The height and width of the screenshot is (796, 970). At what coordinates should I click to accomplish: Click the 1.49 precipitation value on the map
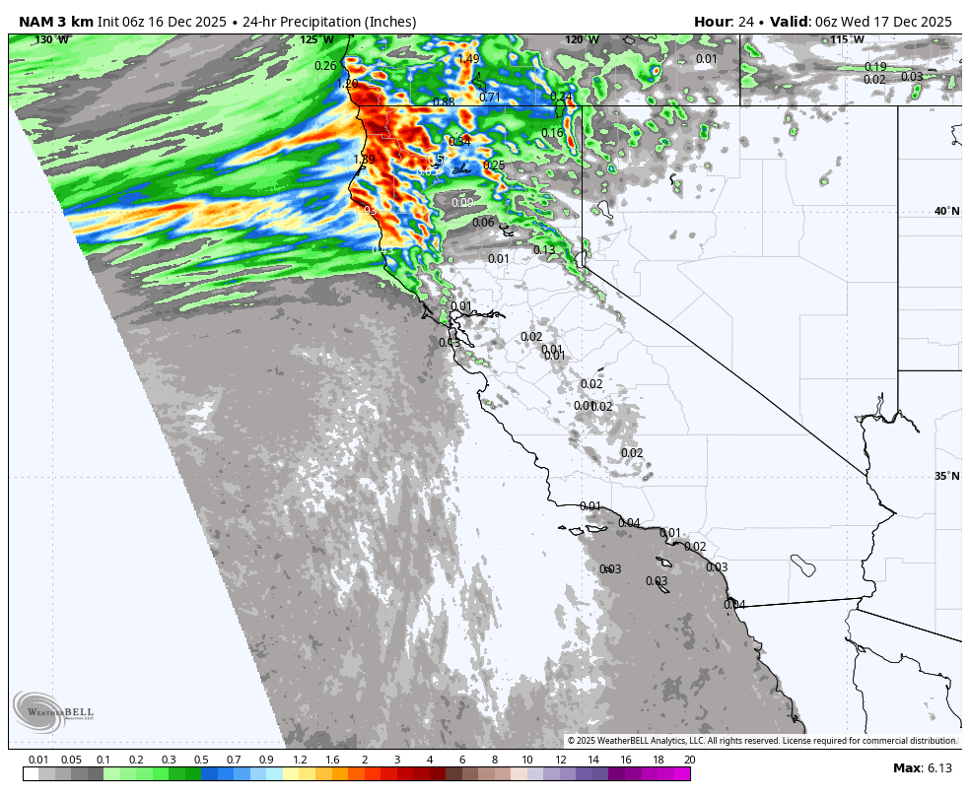pyautogui.click(x=468, y=59)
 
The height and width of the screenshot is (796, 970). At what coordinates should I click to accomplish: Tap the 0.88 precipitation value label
pyautogui.click(x=444, y=102)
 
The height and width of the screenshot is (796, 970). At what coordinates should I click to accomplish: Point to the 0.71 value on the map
pyautogui.click(x=490, y=98)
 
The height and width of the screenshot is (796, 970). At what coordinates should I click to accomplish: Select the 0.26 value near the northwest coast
pyautogui.click(x=325, y=66)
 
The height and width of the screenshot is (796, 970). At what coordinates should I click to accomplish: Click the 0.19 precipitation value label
pyautogui.click(x=875, y=67)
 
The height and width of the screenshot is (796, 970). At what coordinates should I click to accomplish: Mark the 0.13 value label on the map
pyautogui.click(x=544, y=250)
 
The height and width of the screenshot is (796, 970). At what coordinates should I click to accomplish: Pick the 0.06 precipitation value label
pyautogui.click(x=483, y=223)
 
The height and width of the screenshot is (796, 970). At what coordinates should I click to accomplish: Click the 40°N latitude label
pyautogui.click(x=946, y=212)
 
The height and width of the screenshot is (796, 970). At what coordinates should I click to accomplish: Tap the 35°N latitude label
pyautogui.click(x=946, y=477)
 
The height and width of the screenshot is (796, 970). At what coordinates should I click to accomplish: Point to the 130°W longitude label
pyautogui.click(x=52, y=40)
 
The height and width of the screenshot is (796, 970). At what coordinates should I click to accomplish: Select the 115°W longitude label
pyautogui.click(x=847, y=40)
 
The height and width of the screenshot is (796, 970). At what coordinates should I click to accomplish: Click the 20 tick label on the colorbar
pyautogui.click(x=689, y=760)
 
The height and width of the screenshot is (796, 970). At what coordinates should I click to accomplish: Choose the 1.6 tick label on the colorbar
pyautogui.click(x=332, y=760)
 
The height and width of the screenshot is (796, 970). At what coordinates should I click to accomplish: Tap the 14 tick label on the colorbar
pyautogui.click(x=593, y=760)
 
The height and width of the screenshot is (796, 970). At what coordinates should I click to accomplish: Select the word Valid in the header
pyautogui.click(x=791, y=22)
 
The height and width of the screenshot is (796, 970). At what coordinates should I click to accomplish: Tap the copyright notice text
pyautogui.click(x=761, y=741)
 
